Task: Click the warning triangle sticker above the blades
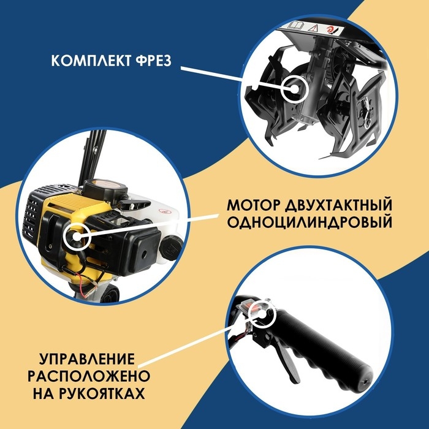(x=313, y=28)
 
